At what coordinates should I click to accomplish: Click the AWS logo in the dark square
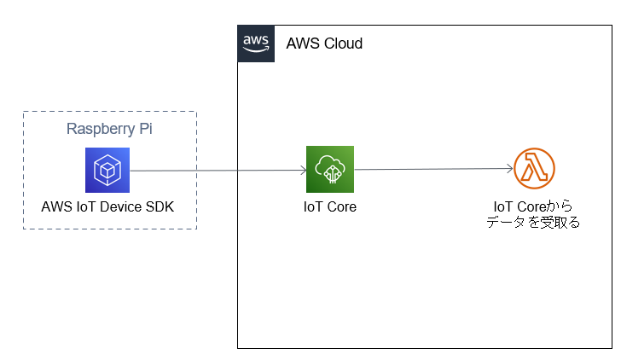point(256,43)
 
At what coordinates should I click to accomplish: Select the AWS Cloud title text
point(324,44)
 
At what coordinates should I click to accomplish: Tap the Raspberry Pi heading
point(110,130)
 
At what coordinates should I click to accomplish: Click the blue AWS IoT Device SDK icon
point(107,170)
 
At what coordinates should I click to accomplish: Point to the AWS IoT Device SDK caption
point(107,206)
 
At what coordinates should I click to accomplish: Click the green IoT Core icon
point(330,169)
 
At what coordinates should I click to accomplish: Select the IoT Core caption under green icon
point(330,206)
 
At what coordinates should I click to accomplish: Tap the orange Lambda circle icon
point(535,169)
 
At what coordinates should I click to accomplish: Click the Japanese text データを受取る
point(533,223)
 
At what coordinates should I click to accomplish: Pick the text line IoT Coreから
point(533,206)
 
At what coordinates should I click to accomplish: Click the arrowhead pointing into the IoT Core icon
point(302,170)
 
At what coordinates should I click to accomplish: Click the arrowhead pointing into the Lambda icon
point(509,169)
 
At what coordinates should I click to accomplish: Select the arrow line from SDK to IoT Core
point(213,170)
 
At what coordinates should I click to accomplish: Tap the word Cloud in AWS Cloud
point(343,44)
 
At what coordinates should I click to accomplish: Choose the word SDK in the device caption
point(159,206)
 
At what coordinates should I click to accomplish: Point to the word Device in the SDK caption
point(119,206)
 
